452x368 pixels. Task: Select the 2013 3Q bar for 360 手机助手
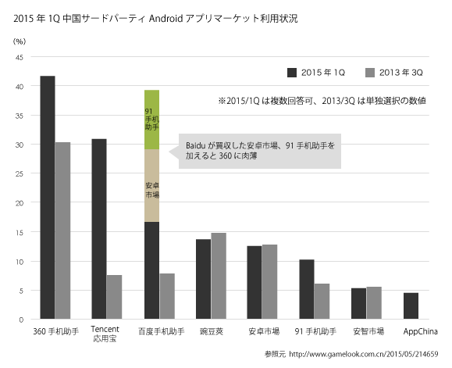pyautogui.click(x=63, y=230)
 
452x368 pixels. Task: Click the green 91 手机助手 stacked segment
pyautogui.click(x=151, y=120)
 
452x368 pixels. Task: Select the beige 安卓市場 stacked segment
pyautogui.click(x=151, y=185)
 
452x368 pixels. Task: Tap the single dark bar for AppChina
pyautogui.click(x=411, y=305)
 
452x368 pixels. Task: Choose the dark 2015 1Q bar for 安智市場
pyautogui.click(x=358, y=303)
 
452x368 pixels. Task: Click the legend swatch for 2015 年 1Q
pyautogui.click(x=293, y=73)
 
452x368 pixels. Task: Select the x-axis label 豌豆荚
pyautogui.click(x=211, y=330)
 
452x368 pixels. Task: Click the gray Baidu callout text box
pyautogui.click(x=258, y=150)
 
